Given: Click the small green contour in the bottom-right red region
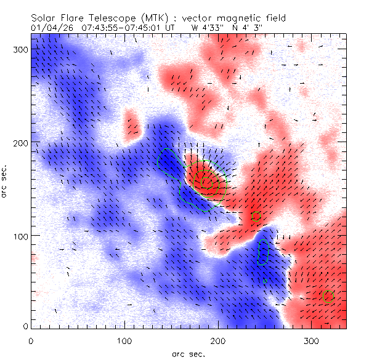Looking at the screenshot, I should click(328, 296).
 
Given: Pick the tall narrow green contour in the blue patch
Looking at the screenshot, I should click(264, 252).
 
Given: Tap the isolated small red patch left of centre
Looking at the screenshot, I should click(132, 125).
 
